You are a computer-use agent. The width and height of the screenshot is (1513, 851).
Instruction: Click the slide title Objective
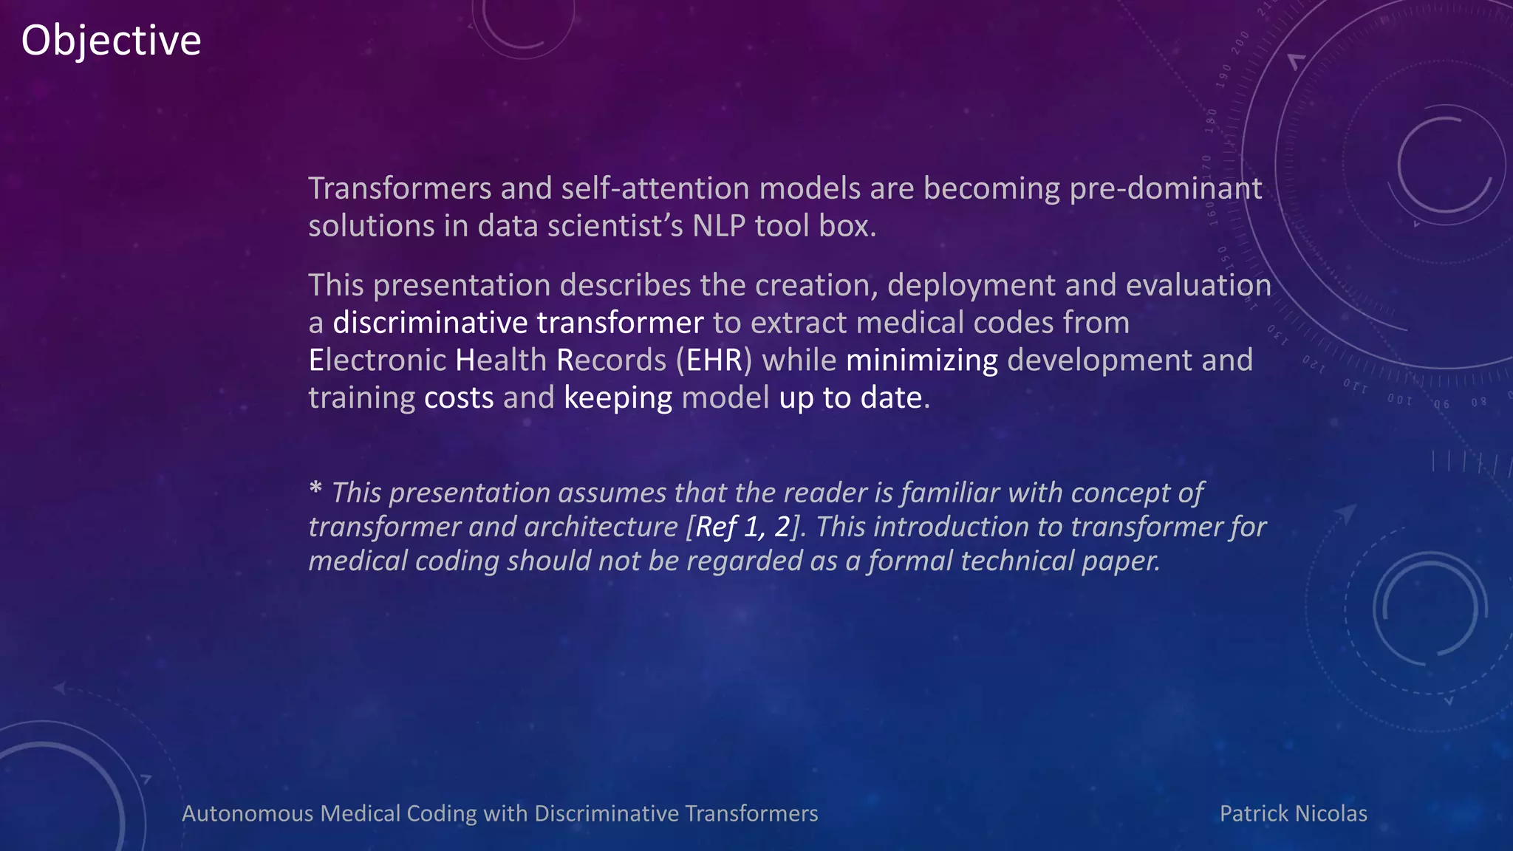tap(111, 41)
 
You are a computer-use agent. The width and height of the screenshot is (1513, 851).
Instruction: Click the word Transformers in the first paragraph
tap(399, 189)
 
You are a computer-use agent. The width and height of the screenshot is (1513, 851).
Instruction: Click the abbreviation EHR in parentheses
tap(714, 360)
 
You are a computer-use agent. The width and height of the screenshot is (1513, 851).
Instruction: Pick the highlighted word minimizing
tap(921, 360)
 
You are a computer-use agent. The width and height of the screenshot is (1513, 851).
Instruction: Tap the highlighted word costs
tap(458, 398)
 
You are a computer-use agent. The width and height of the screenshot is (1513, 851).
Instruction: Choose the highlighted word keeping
tap(618, 398)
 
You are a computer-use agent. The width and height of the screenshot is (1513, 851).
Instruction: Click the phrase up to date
tap(850, 398)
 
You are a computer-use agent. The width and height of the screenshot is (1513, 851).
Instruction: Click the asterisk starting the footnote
tap(315, 489)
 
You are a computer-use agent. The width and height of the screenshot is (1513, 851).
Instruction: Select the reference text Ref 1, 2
tap(742, 527)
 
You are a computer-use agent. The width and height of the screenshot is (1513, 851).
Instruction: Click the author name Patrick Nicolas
tap(1293, 813)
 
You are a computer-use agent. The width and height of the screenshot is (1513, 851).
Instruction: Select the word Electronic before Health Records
tap(377, 360)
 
